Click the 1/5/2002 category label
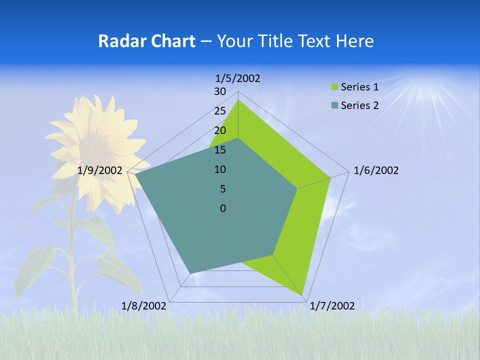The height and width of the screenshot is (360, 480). (x=237, y=78)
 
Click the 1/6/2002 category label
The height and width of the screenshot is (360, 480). (x=376, y=170)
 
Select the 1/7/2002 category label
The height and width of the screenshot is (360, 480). (x=332, y=306)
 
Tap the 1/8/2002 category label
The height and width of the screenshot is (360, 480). (x=144, y=306)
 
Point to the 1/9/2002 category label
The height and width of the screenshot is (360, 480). (x=100, y=170)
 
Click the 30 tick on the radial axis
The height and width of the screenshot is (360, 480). (x=220, y=91)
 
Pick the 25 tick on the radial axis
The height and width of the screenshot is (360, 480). (x=220, y=111)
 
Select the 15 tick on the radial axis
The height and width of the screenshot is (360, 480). (x=220, y=150)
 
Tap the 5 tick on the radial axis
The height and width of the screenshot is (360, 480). (x=222, y=189)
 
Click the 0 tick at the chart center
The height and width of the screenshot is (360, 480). (x=223, y=208)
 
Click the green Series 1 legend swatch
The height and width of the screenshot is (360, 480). (x=335, y=87)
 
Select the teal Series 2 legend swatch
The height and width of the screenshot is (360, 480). (x=335, y=105)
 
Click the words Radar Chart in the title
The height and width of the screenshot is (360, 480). (x=146, y=41)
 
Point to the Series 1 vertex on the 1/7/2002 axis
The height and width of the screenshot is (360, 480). (x=303, y=295)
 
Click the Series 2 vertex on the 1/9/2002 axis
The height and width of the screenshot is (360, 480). (x=135, y=175)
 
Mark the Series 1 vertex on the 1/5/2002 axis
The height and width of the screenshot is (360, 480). (x=238, y=100)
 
